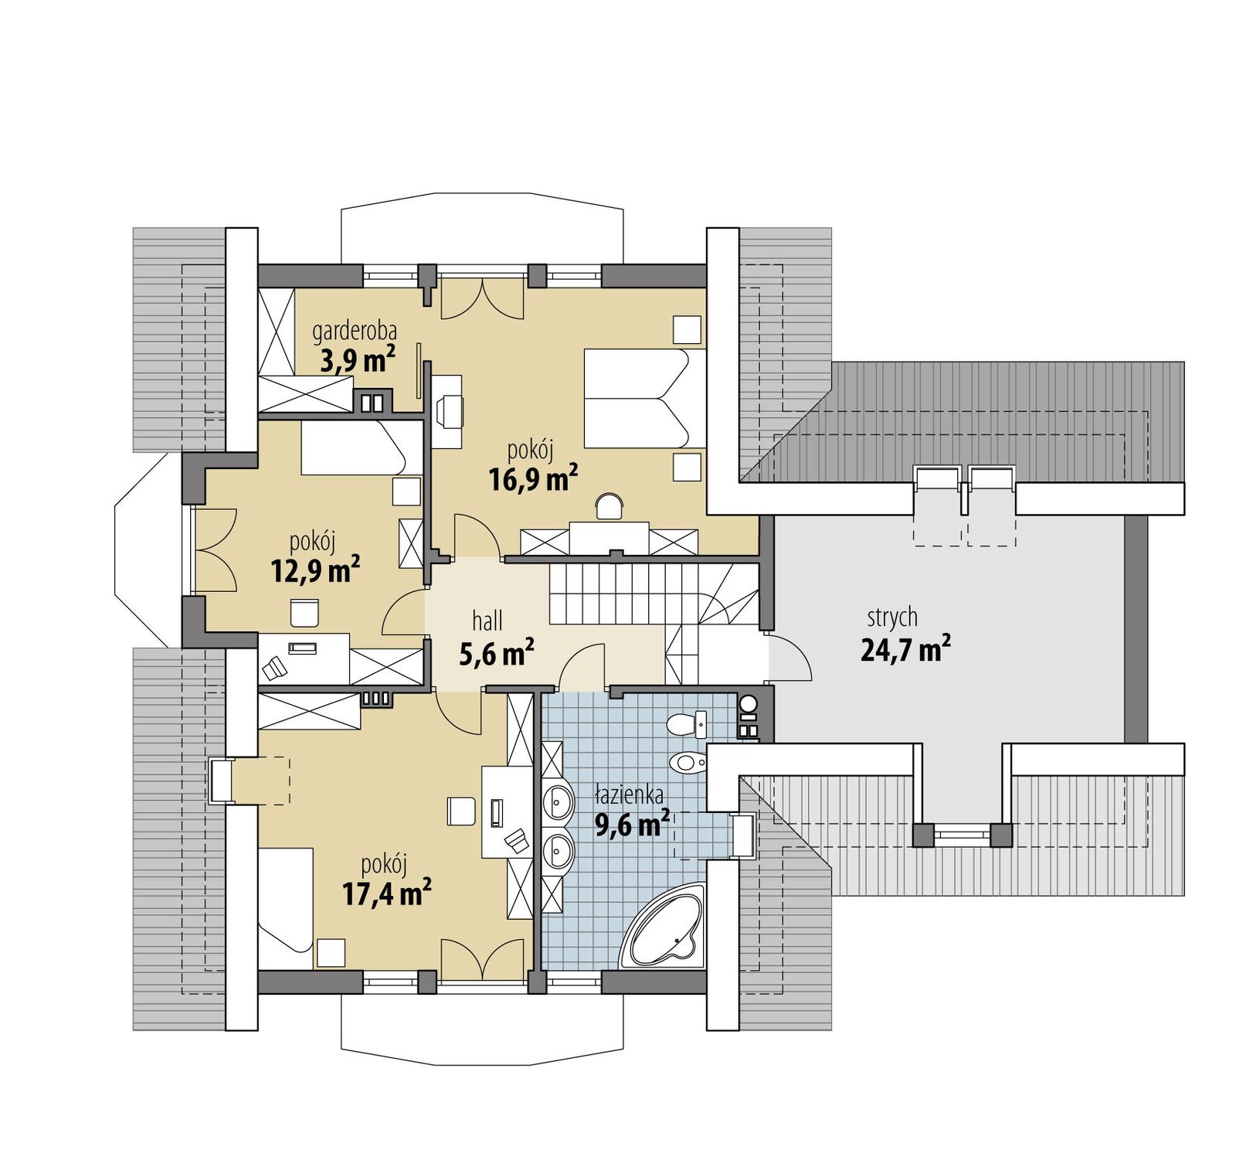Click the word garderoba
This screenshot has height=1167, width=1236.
click(x=355, y=332)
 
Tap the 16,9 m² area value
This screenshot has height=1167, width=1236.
click(x=533, y=480)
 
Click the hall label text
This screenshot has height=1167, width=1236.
click(x=487, y=620)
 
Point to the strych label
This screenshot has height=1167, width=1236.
click(x=892, y=617)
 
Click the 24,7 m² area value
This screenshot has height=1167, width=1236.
click(x=905, y=650)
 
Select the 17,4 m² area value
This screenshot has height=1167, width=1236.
click(x=386, y=894)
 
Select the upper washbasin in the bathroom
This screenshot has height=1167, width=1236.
click(x=557, y=802)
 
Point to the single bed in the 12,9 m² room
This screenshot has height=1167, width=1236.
click(x=352, y=447)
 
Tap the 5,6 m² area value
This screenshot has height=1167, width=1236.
click(x=497, y=654)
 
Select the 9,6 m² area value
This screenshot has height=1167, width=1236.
click(x=632, y=825)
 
